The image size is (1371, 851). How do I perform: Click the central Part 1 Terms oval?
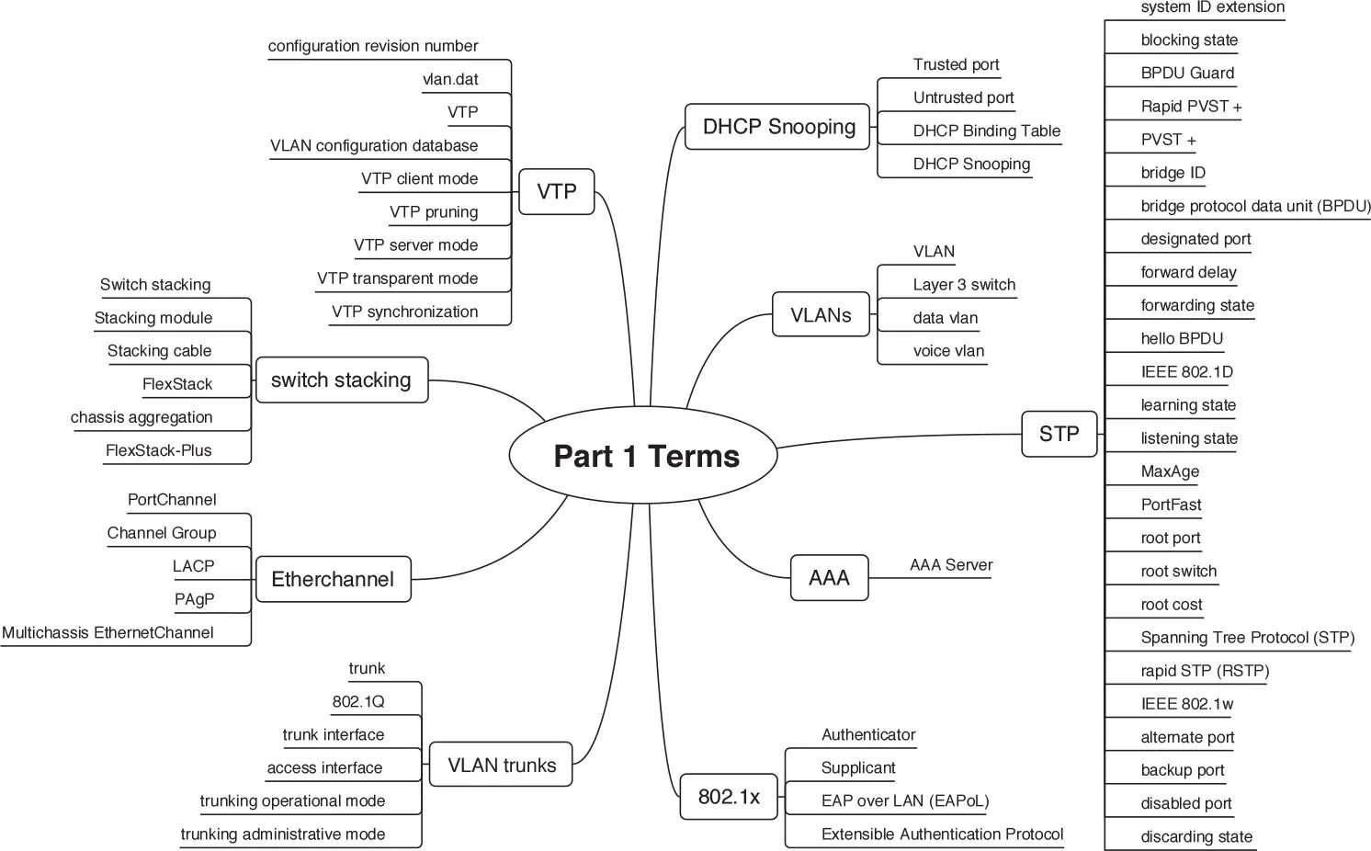(645, 456)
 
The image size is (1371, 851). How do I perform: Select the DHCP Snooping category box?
(777, 127)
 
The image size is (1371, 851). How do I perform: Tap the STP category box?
(1059, 434)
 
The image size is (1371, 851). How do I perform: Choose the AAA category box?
(829, 578)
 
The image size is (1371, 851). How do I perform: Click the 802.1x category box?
(729, 797)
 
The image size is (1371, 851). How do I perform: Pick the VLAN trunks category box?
(501, 765)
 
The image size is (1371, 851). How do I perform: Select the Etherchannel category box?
(333, 579)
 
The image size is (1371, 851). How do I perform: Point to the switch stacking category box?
(341, 380)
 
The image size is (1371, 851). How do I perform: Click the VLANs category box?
(821, 315)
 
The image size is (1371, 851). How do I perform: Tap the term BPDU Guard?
(1187, 74)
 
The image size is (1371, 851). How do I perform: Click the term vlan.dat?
(450, 79)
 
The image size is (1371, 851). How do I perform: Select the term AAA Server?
(951, 565)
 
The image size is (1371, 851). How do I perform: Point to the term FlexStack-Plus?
(159, 450)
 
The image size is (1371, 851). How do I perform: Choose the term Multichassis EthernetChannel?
(108, 632)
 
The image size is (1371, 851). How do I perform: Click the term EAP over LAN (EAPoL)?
(905, 800)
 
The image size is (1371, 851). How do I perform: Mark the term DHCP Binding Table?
(986, 130)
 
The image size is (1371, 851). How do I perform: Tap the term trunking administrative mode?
(283, 834)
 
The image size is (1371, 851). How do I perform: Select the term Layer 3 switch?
(964, 285)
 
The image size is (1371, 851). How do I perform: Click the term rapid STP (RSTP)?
(1205, 671)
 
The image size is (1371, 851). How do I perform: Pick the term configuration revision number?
(373, 46)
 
